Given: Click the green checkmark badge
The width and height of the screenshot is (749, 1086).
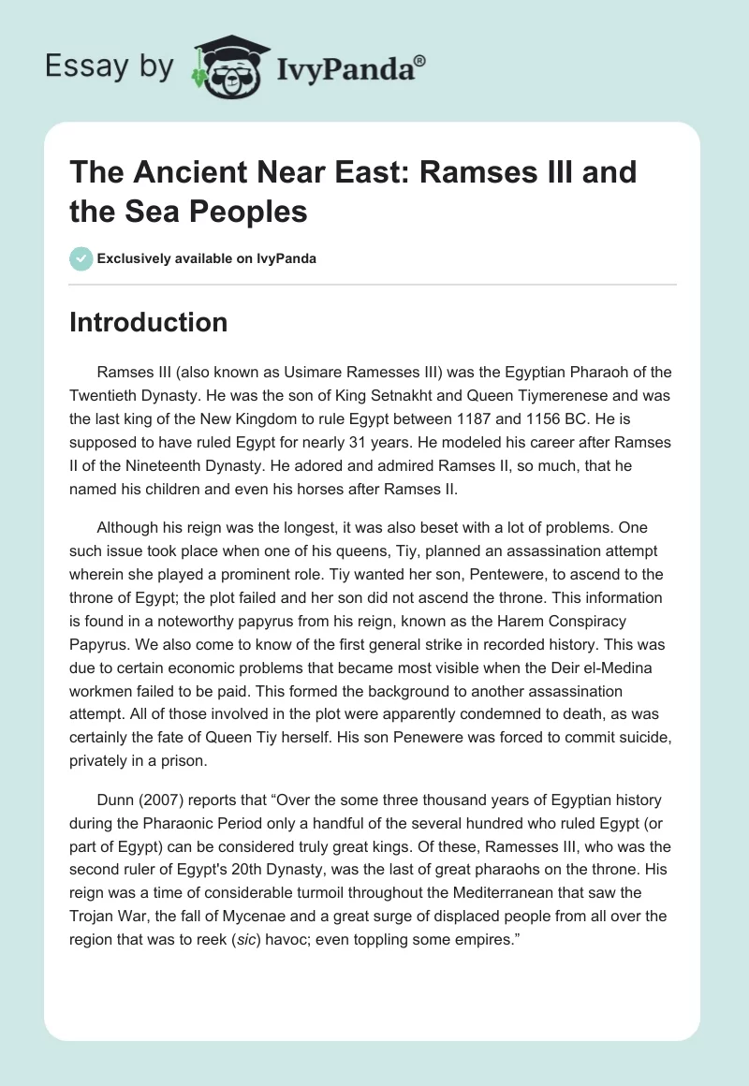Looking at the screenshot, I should (x=81, y=258).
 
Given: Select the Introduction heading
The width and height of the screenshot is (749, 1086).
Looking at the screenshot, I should (x=149, y=322).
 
